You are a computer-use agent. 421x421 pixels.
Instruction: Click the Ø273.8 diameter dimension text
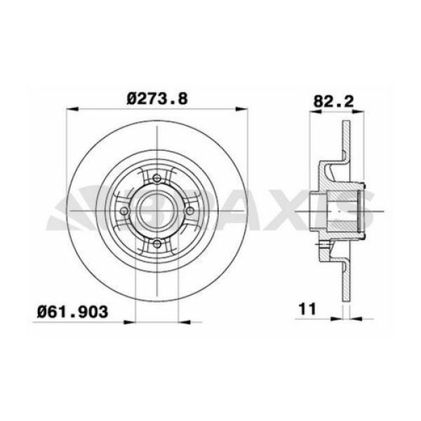(157, 99)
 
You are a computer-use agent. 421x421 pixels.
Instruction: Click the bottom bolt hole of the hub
(157, 243)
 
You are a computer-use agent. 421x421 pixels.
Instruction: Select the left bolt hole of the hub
(125, 210)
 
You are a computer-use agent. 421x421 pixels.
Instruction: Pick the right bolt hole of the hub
(190, 210)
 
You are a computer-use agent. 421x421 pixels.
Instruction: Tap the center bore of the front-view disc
(157, 210)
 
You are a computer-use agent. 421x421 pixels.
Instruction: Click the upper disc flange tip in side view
(345, 126)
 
